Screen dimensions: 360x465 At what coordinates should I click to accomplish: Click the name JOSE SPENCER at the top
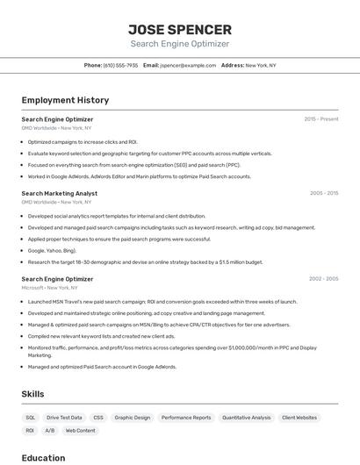point(180,29)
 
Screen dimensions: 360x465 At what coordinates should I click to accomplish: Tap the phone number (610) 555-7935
point(120,65)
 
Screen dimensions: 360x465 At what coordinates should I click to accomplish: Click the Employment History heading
point(65,100)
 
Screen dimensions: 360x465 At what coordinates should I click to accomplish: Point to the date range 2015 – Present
point(320,118)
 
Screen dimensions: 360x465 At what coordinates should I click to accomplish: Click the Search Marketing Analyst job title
point(59,193)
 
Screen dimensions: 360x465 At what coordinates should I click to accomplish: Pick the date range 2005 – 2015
point(323,193)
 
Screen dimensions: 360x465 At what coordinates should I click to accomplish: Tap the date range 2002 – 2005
point(323,279)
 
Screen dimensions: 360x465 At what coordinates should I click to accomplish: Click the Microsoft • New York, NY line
point(56,288)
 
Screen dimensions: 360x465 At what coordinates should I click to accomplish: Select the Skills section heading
point(32,394)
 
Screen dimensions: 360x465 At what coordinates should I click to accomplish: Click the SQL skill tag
point(31,418)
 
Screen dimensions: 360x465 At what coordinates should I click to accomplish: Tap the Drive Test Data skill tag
point(64,418)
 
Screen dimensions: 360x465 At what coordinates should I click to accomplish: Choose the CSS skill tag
point(98,418)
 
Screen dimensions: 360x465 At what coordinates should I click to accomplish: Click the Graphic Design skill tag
point(132,418)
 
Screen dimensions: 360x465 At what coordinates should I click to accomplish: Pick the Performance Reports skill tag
point(186,418)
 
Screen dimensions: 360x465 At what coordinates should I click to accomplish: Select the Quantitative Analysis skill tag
point(246,418)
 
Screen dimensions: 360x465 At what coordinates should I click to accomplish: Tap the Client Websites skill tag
point(299,418)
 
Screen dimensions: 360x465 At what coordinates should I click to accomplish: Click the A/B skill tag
point(50,431)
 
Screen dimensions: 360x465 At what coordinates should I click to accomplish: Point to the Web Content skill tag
point(80,431)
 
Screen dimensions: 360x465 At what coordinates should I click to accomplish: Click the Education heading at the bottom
point(43,458)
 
